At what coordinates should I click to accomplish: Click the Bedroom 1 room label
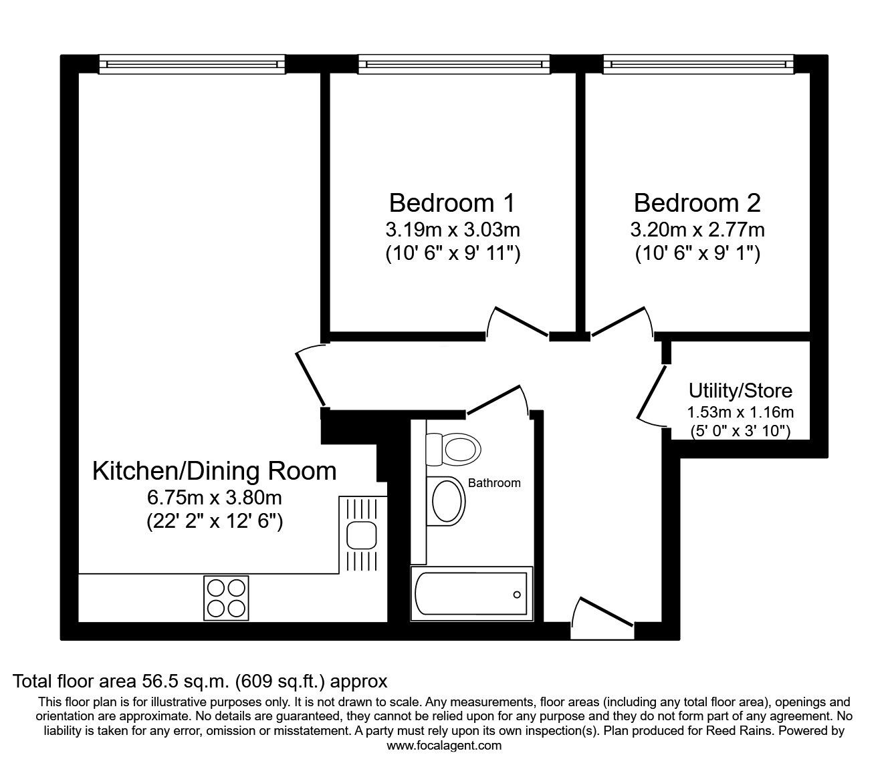451,203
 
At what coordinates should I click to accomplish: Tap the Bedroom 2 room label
697,203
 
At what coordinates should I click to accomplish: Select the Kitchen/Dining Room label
215,471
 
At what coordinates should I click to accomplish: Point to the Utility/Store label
740,390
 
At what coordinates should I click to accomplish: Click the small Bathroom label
494,482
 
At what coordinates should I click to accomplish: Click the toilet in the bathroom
453,450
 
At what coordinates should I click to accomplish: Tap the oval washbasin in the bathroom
447,501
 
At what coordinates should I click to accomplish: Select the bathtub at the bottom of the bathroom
471,594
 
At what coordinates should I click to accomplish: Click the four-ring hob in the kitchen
226,598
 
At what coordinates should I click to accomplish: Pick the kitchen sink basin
361,535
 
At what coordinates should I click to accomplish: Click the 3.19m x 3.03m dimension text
453,230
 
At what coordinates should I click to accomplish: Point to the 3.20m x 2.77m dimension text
697,230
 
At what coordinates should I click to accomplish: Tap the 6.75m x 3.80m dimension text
215,498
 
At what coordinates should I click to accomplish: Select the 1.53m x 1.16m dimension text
740,412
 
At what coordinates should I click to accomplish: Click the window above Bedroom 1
454,64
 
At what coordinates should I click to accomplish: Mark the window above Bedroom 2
699,64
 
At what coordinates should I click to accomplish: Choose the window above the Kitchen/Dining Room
192,64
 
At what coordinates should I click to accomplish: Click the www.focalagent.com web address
444,746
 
